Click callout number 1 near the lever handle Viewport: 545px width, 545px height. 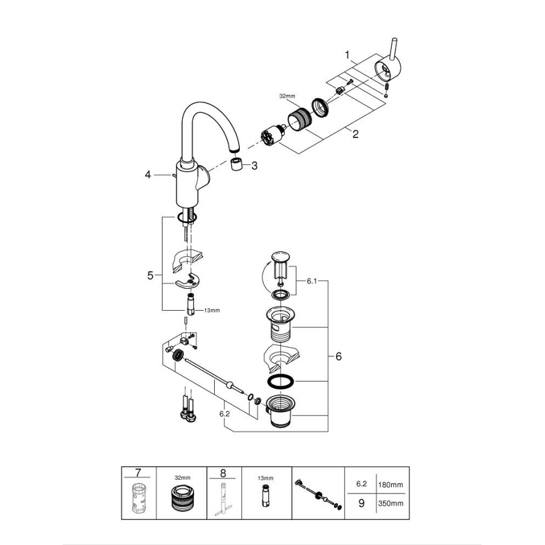(x=347, y=55)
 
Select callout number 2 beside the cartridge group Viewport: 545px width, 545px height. (x=355, y=134)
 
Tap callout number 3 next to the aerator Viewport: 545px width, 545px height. (x=254, y=166)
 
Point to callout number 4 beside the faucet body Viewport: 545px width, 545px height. (x=148, y=175)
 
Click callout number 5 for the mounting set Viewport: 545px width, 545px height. (x=149, y=275)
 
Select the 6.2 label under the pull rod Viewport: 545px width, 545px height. (x=225, y=414)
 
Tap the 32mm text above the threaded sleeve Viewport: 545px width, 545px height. (x=287, y=96)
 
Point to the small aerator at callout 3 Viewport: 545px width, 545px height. (x=237, y=165)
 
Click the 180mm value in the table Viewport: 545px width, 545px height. (x=391, y=485)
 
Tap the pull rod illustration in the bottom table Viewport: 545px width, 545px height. (x=318, y=494)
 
